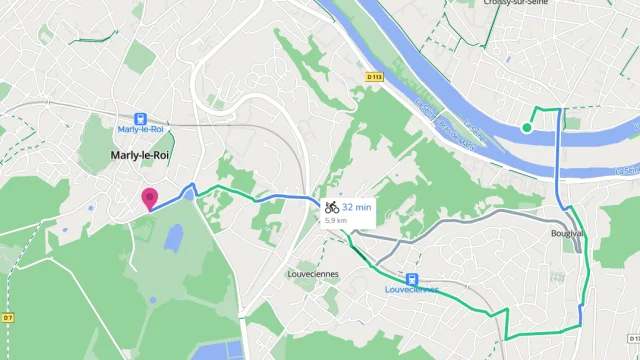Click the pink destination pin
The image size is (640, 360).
click(149, 198)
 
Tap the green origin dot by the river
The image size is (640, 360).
click(527, 127)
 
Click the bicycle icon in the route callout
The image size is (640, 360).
click(331, 207)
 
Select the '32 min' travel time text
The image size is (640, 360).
click(357, 207)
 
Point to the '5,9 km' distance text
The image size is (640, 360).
click(335, 220)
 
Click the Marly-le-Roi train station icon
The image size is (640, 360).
click(141, 116)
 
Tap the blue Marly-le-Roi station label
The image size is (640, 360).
click(141, 129)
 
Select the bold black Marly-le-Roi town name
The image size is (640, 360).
click(141, 155)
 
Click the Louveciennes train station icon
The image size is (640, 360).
click(412, 278)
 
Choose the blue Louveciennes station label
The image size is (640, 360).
click(412, 290)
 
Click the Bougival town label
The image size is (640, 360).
click(567, 233)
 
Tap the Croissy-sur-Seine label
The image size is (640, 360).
click(512, 3)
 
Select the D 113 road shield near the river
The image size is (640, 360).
click(374, 76)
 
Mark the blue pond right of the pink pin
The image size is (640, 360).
click(174, 238)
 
